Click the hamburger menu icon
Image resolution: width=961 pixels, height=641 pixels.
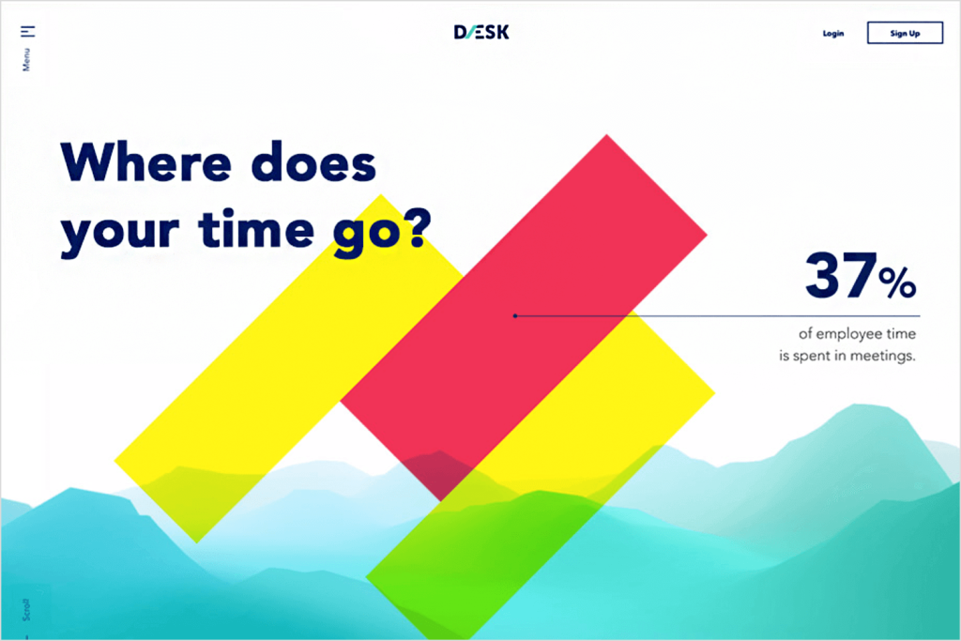tap(27, 31)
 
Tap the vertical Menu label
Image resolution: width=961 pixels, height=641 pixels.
tap(26, 60)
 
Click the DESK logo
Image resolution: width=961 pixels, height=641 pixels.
tap(481, 32)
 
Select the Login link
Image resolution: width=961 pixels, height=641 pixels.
tap(833, 33)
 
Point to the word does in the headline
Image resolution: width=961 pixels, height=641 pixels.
tap(313, 162)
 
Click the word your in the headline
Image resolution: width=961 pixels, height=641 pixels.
tap(120, 232)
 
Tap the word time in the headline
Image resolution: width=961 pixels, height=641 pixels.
tap(257, 228)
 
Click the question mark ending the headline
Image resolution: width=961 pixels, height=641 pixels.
tap(419, 228)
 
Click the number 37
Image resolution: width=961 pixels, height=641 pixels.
tap(840, 275)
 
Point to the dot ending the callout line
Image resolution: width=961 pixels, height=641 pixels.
tap(515, 315)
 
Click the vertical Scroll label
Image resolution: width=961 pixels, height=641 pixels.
tap(26, 610)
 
